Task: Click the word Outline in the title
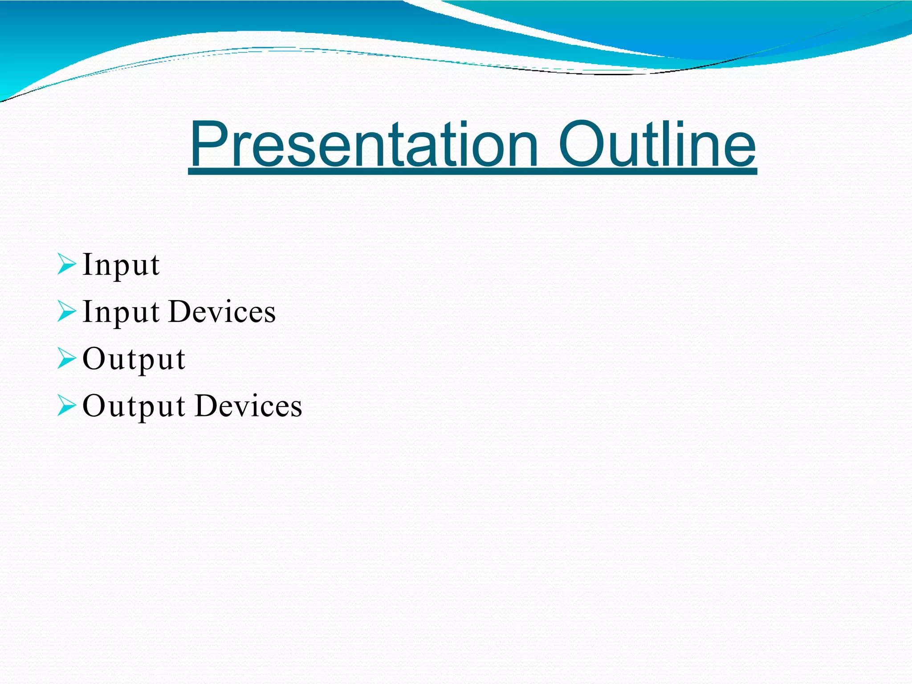(x=657, y=145)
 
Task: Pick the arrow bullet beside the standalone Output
(x=67, y=358)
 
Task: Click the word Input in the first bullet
(x=121, y=265)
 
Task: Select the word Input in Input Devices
(x=121, y=312)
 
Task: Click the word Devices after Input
(x=223, y=311)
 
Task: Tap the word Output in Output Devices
(x=134, y=407)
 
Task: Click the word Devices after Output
(x=249, y=406)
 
